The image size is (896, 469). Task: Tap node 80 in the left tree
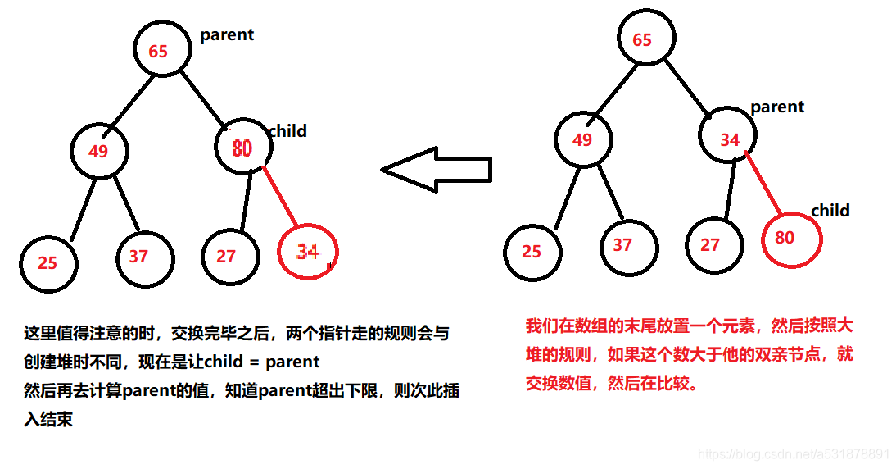pyautogui.click(x=242, y=148)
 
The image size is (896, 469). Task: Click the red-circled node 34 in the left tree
pyautogui.click(x=307, y=251)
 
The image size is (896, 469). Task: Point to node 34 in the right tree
pyautogui.click(x=729, y=139)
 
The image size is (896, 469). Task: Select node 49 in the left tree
pyautogui.click(x=99, y=151)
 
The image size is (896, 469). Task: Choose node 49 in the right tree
pyautogui.click(x=582, y=139)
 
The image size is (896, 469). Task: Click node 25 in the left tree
pyautogui.click(x=49, y=262)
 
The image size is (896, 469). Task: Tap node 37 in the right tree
pyautogui.click(x=628, y=244)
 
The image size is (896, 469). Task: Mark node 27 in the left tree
pyautogui.click(x=229, y=256)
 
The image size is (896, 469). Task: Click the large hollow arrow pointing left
pyautogui.click(x=436, y=170)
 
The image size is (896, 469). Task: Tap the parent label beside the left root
pyautogui.click(x=227, y=34)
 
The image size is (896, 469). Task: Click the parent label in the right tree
pyautogui.click(x=777, y=107)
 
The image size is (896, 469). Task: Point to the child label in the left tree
pyautogui.click(x=287, y=131)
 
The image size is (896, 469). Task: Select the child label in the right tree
pyautogui.click(x=830, y=211)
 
